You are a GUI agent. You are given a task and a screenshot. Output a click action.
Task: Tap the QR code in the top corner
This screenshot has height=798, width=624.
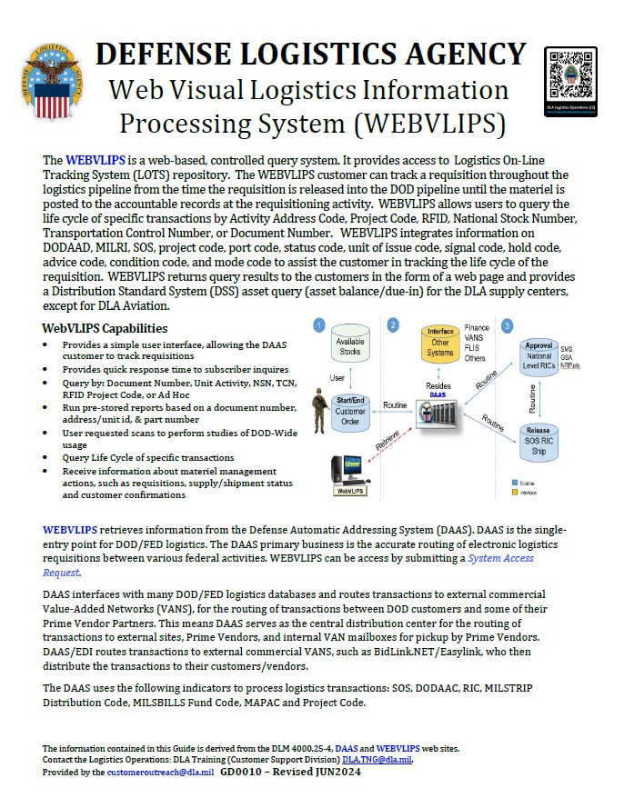[x=569, y=76]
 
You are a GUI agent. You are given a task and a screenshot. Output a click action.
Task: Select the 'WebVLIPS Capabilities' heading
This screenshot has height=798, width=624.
[x=105, y=328]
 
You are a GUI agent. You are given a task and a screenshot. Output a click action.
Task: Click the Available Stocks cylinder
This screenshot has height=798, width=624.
[x=350, y=346]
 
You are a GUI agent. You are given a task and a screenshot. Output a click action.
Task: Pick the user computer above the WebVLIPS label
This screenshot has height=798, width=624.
[x=351, y=469]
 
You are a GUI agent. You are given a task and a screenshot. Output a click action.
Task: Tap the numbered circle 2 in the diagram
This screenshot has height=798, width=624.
[x=392, y=324]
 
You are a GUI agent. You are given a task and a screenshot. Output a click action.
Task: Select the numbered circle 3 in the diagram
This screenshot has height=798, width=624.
[x=508, y=324]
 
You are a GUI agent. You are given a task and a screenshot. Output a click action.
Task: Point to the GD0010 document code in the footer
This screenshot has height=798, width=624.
[x=239, y=771]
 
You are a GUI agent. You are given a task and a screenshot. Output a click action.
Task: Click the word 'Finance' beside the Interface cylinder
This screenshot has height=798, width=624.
[x=477, y=327]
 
